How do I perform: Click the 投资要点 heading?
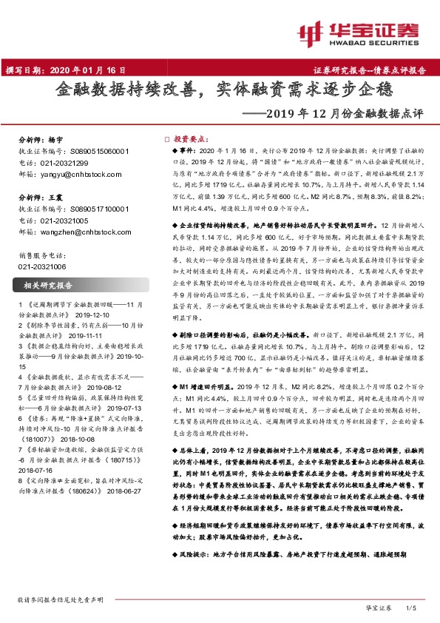[x=189, y=138]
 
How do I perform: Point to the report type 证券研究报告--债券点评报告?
[x=375, y=71]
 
